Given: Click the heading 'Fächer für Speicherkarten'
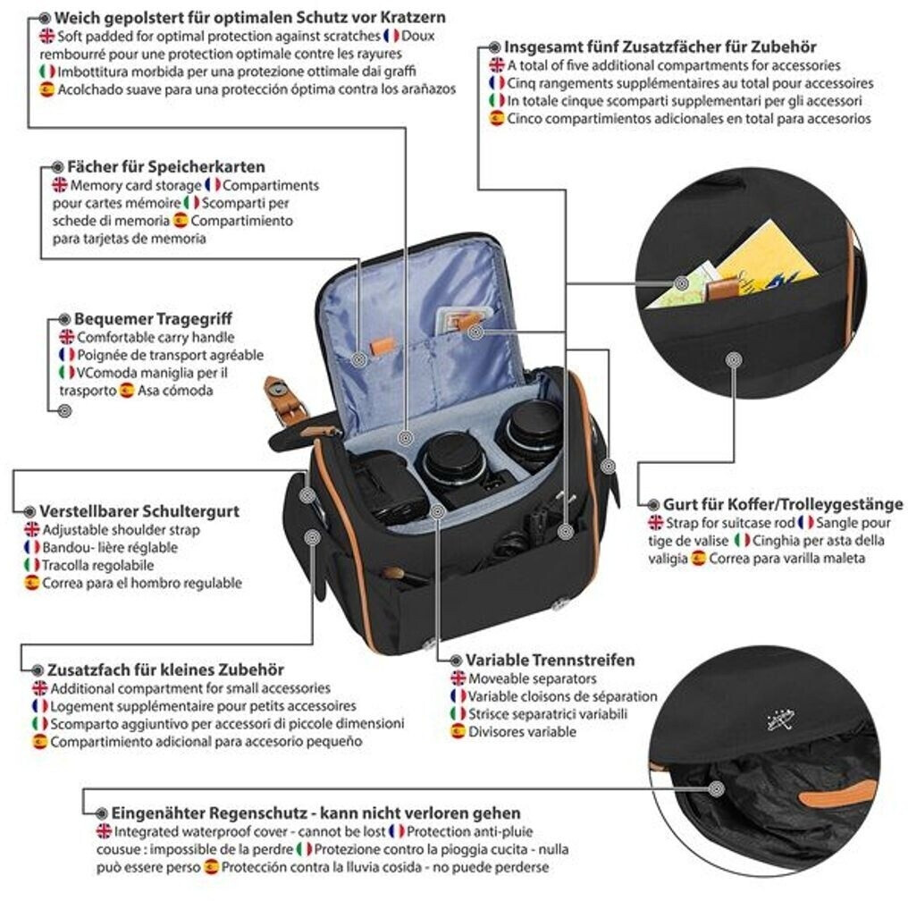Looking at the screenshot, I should click(x=165, y=167).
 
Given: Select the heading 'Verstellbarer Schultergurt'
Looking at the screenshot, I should click(x=139, y=511).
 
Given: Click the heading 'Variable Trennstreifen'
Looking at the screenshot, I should click(x=551, y=661).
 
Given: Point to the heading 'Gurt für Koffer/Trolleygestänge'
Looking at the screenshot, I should click(x=782, y=504).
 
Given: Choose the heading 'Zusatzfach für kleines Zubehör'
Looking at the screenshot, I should click(x=167, y=669).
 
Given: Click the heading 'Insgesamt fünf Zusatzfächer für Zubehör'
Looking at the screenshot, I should click(x=660, y=46).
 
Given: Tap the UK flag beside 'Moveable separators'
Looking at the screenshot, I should click(x=458, y=679).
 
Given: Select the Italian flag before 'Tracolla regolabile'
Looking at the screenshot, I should click(x=32, y=565).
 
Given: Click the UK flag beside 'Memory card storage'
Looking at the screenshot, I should click(x=59, y=185).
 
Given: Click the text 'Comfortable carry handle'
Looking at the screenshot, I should click(x=156, y=337).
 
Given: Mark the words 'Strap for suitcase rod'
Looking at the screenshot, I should click(x=729, y=522).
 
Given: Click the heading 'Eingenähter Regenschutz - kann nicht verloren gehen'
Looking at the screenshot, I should click(x=315, y=813).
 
